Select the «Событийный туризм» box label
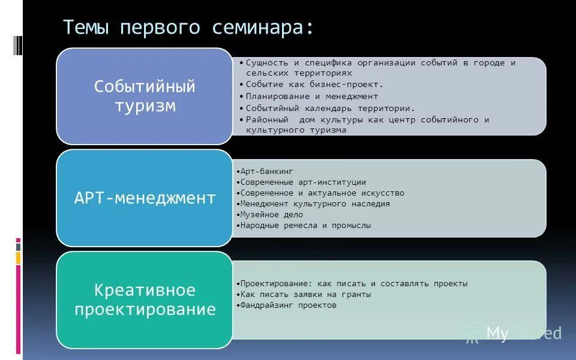coord(145,97)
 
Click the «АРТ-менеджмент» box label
coord(145,198)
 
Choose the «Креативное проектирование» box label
coord(145,300)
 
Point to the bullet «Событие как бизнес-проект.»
coord(314,85)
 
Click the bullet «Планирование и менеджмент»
coord(312,96)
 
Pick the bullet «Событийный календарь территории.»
coord(331,109)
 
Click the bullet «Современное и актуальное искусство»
coord(322,193)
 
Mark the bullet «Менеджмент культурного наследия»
coord(315,204)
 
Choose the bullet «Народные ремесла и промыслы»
coord(305,226)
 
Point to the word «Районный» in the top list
coord(268,120)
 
